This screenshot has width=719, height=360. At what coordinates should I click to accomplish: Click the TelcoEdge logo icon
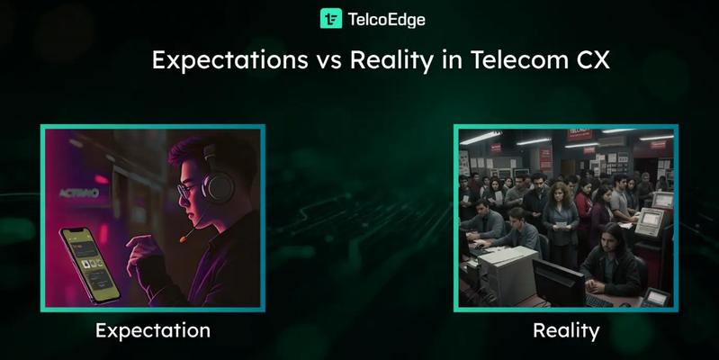[331, 18]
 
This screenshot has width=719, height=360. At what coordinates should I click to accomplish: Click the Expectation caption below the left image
[153, 330]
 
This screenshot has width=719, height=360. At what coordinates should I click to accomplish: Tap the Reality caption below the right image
[566, 330]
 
